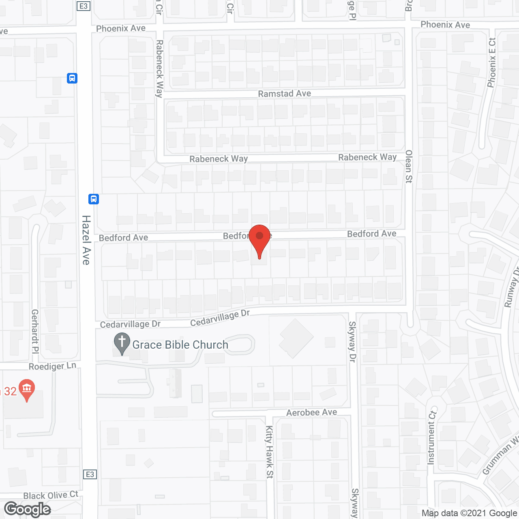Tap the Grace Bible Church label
(180, 345)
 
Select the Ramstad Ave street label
(284, 94)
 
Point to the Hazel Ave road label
(86, 240)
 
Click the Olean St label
(409, 166)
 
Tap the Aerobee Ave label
(311, 412)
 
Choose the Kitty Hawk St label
(270, 452)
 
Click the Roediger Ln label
(52, 366)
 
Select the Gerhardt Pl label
(35, 331)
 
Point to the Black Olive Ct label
(51, 495)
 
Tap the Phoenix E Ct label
(492, 63)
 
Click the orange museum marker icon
(27, 390)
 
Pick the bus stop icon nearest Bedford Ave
(94, 199)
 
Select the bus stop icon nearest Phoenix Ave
(72, 78)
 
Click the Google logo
(28, 509)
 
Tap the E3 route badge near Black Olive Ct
(90, 474)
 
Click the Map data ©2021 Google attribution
(469, 513)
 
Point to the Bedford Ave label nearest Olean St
(371, 234)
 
